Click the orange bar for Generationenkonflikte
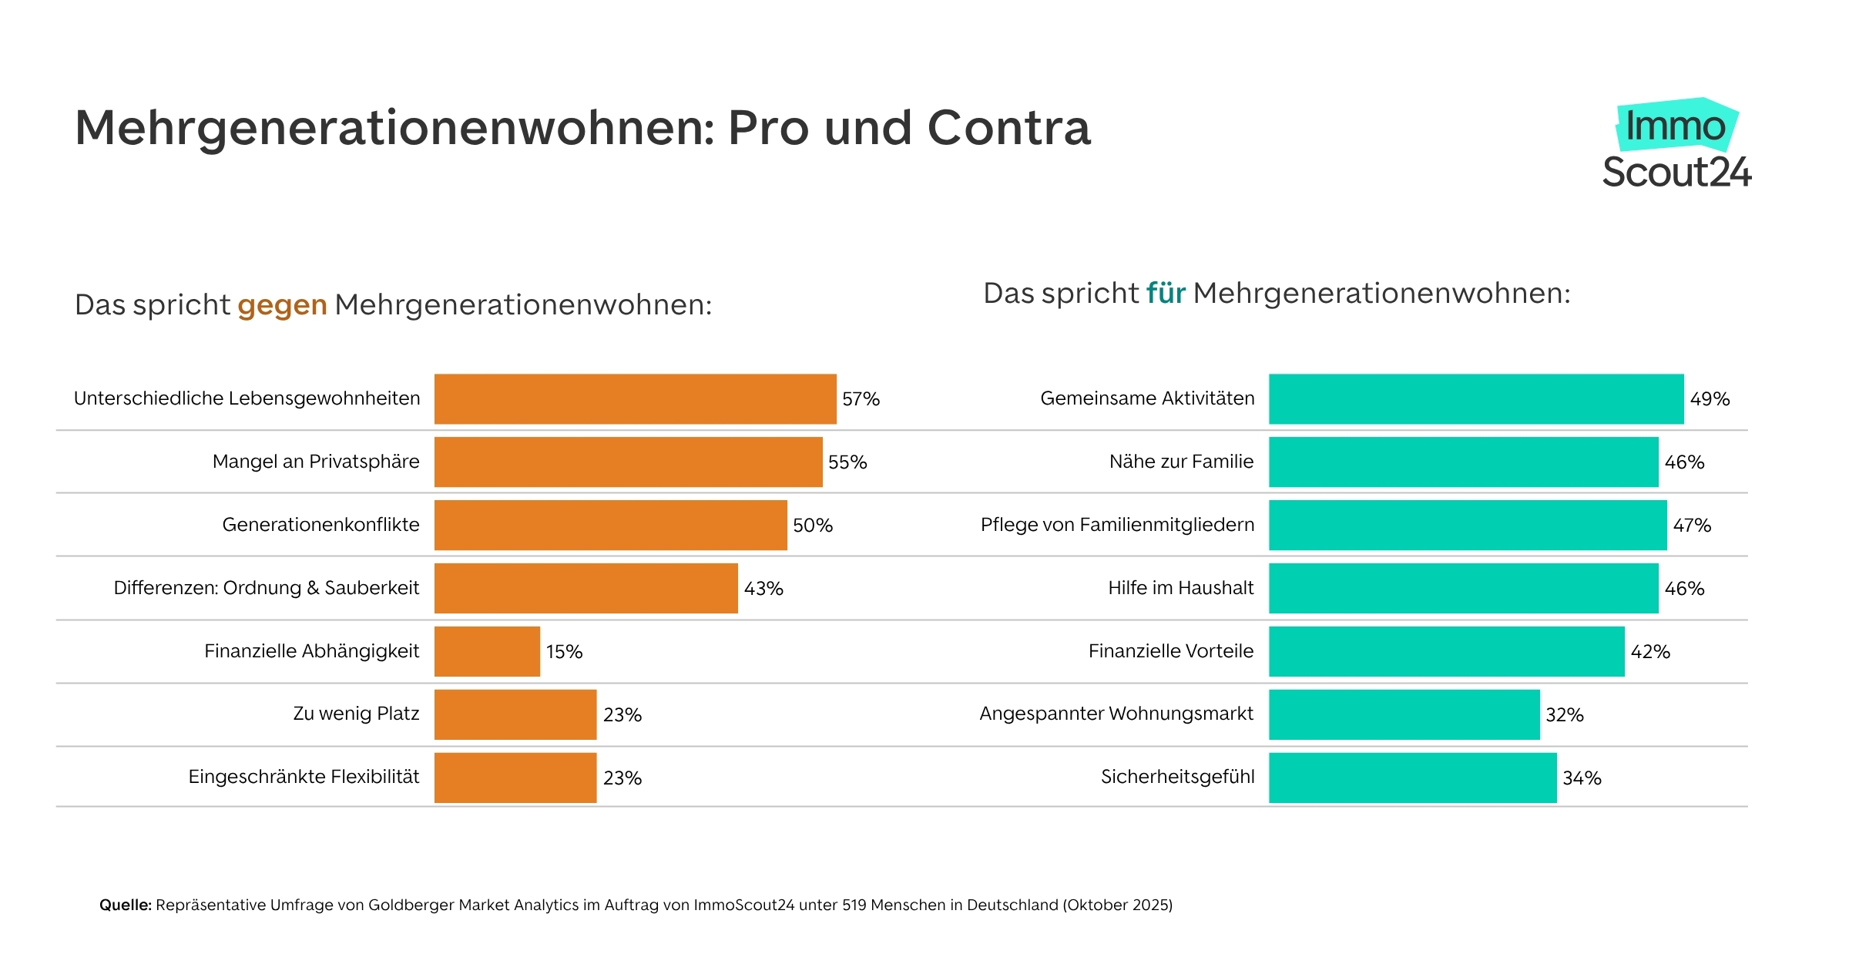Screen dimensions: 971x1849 click(x=610, y=525)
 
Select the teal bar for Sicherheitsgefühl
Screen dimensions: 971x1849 click(x=1412, y=778)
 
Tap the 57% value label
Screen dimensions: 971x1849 click(x=861, y=399)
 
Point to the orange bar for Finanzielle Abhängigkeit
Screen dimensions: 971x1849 click(x=487, y=651)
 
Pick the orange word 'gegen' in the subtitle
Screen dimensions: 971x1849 click(x=282, y=305)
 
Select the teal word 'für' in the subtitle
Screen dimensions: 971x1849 click(x=1165, y=294)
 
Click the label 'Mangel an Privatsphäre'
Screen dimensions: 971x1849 click(x=316, y=462)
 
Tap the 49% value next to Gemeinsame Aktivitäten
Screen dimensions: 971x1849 click(x=1710, y=399)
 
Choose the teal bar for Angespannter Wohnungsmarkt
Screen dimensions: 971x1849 click(x=1404, y=714)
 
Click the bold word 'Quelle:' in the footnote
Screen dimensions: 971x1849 click(x=126, y=905)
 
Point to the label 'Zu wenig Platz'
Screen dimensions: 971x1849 click(x=356, y=714)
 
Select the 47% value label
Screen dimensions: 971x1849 click(x=1692, y=526)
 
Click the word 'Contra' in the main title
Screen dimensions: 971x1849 click(x=1008, y=128)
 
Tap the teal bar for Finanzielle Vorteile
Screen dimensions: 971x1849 click(x=1446, y=651)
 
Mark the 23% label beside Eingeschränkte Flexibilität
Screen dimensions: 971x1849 click(x=622, y=778)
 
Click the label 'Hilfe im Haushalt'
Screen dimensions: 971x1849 click(x=1180, y=588)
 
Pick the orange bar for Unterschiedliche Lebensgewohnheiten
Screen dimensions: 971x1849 click(x=635, y=399)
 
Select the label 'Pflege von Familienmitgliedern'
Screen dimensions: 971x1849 click(x=1117, y=525)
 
